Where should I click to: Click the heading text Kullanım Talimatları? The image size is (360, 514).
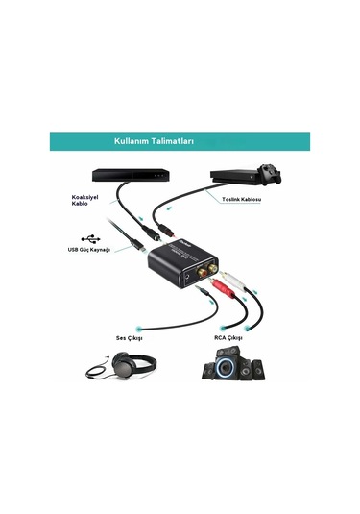tap(154, 141)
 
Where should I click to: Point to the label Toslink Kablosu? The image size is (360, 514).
tap(241, 199)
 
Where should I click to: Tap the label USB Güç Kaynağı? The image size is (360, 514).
tap(88, 250)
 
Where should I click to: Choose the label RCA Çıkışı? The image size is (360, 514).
tap(228, 338)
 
